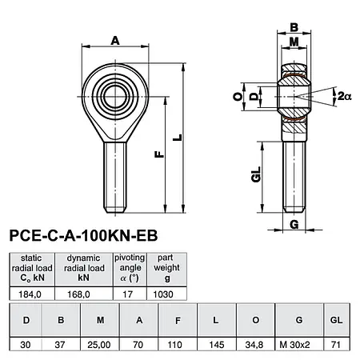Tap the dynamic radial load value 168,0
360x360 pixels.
tap(83, 294)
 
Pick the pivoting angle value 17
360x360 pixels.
tap(130, 294)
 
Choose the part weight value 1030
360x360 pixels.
tap(166, 294)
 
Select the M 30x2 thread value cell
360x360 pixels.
tap(299, 345)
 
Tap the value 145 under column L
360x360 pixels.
tap(214, 345)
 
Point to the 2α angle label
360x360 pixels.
tap(344, 96)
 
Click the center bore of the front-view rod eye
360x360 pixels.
tap(112, 90)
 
